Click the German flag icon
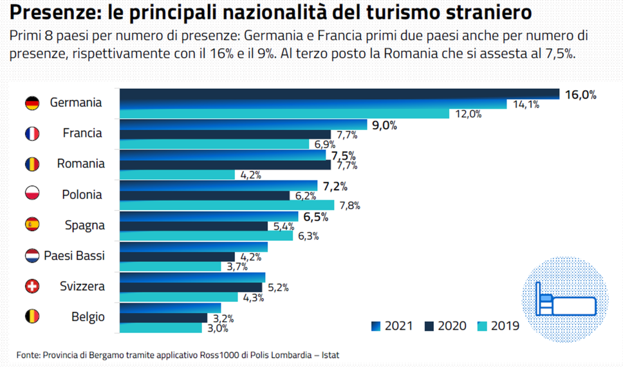[x=32, y=103]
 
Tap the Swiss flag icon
[x=32, y=287]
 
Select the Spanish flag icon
[x=32, y=225]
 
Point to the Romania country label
[x=81, y=164]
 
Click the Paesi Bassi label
[x=74, y=256]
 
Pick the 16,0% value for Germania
[x=581, y=95]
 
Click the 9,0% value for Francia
[x=384, y=126]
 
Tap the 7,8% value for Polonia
[x=348, y=206]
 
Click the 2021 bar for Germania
[x=339, y=94]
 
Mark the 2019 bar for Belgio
[x=161, y=328]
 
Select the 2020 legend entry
[x=445, y=326]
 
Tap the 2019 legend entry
[x=498, y=326]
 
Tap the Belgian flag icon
[x=32, y=317]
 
